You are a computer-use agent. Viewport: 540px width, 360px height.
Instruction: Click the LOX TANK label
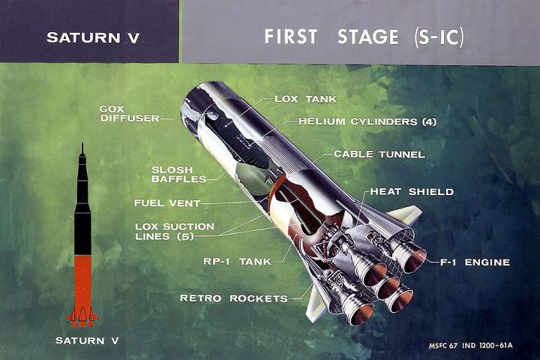pos(305,99)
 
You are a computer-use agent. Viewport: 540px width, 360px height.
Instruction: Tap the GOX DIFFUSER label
pos(130,114)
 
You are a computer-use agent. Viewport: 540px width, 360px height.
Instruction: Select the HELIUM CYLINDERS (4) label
pos(367,121)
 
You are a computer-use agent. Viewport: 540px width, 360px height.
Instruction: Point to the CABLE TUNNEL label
pos(379,154)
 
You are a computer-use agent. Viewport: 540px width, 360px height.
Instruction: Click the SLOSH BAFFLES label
pos(178,174)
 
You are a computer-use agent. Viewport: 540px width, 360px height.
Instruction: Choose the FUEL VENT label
pos(167,203)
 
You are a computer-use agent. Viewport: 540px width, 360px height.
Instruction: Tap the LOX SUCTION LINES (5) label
pos(175,232)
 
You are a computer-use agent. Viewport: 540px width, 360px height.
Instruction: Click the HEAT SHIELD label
pos(412,191)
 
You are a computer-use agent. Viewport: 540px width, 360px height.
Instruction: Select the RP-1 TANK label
pos(237,262)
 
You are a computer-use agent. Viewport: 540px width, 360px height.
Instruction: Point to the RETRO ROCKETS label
pos(234,298)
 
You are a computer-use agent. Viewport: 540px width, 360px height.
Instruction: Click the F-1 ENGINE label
pos(475,262)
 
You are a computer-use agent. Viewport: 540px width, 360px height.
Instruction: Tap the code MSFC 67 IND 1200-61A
pos(470,345)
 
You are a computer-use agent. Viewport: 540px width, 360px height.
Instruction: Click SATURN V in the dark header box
pos(93,37)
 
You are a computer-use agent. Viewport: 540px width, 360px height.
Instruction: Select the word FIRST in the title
pos(291,37)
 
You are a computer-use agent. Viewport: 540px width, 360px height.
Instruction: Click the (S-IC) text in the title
pos(439,37)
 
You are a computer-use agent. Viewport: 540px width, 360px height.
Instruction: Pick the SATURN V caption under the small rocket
pos(87,340)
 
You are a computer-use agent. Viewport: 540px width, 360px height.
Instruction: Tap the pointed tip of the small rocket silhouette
pos(82,142)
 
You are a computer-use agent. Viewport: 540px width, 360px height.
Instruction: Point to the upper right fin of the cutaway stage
pos(405,214)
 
